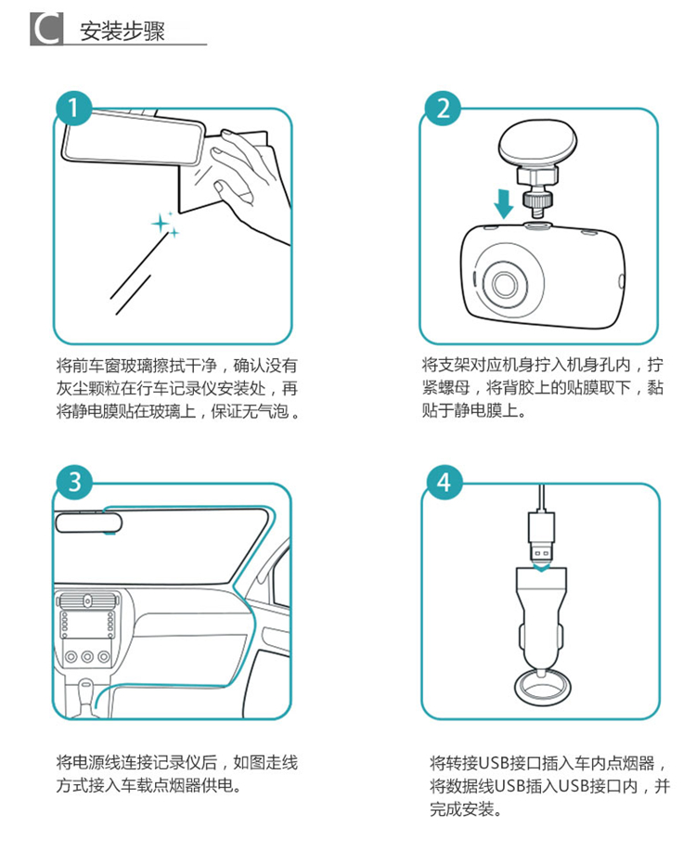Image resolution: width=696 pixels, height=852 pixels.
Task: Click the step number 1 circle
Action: coord(74,109)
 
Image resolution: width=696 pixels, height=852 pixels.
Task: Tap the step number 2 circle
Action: coord(443,109)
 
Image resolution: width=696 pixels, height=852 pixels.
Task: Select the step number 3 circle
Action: coord(74,482)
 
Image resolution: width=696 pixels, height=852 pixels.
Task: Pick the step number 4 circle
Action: coord(445,482)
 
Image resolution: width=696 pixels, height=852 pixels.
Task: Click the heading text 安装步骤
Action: coord(122,31)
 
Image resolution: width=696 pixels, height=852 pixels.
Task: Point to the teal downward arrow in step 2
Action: coord(504,203)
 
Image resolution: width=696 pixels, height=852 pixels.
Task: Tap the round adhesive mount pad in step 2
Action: coord(537,144)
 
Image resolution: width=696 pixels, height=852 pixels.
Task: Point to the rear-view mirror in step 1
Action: coord(134,137)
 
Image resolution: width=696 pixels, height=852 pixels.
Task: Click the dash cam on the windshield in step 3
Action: coord(88,522)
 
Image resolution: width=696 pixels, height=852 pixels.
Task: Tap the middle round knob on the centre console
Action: coord(87,657)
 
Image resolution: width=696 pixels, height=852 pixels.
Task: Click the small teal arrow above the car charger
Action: coord(542,567)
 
